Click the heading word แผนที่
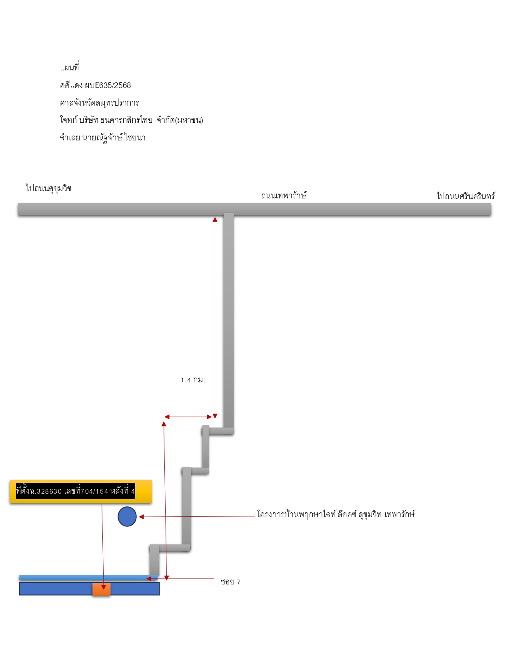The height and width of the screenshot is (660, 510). [69, 67]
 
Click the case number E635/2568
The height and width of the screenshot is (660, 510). [113, 85]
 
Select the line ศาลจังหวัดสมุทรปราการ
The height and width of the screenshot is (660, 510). [99, 103]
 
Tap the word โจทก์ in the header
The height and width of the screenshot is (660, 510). [68, 120]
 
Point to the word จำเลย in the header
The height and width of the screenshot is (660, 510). [70, 138]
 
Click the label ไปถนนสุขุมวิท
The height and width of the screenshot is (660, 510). [49, 188]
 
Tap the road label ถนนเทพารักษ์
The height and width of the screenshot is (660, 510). [284, 195]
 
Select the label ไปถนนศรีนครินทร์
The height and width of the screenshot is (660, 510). [466, 196]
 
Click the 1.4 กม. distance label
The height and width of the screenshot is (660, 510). [193, 380]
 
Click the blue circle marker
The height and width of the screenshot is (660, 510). [127, 516]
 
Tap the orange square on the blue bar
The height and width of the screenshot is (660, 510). [102, 589]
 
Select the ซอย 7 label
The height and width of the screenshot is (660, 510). [230, 582]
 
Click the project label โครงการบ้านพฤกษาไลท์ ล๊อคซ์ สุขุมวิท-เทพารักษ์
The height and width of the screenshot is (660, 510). [336, 514]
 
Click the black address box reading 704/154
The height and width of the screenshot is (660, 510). [75, 491]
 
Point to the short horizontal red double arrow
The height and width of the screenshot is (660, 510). [188, 417]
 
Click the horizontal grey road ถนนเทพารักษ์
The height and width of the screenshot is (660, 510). [254, 209]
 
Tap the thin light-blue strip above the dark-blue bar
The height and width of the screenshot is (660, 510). [88, 577]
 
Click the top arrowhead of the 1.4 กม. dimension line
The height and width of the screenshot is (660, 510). [215, 219]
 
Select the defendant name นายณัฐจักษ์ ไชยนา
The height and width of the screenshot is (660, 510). [114, 138]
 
